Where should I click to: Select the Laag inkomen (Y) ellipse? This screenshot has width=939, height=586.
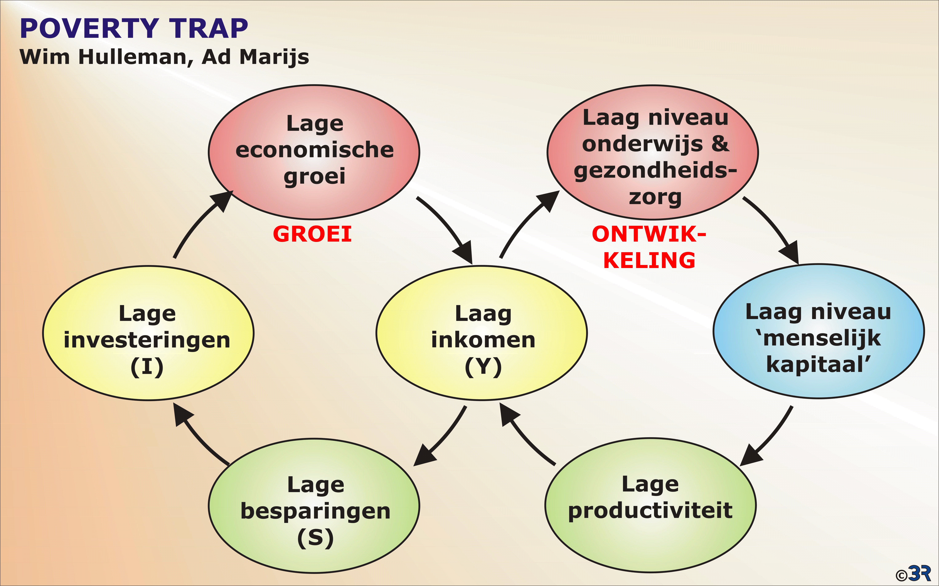[x=482, y=333]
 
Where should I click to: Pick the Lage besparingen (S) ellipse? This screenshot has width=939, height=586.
[x=314, y=506]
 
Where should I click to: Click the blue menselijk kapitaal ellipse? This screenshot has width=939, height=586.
[x=818, y=331]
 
